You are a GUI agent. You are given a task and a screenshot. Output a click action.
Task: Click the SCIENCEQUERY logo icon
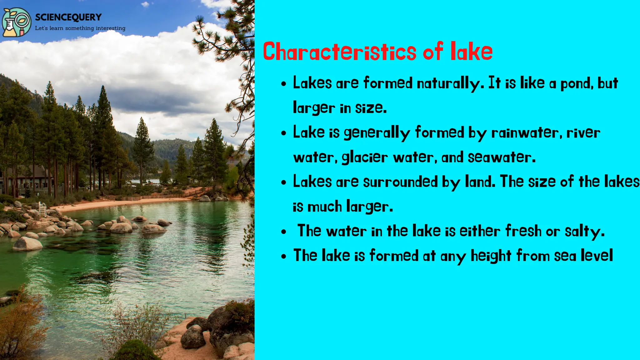coord(16,22)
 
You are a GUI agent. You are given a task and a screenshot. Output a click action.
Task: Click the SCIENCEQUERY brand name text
coord(68,17)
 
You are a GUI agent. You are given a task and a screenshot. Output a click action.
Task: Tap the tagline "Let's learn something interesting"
coord(80,28)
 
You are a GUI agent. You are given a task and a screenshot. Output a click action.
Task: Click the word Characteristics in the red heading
coord(340,52)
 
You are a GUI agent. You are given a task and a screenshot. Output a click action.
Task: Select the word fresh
coord(523,231)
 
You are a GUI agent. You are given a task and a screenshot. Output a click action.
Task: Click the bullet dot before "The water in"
coord(284,232)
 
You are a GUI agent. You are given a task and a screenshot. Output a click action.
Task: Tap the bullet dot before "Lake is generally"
coord(284,133)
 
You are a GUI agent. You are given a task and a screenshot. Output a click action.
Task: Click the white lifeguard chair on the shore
coord(42,209)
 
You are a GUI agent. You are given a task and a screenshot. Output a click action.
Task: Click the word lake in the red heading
coord(472,52)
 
